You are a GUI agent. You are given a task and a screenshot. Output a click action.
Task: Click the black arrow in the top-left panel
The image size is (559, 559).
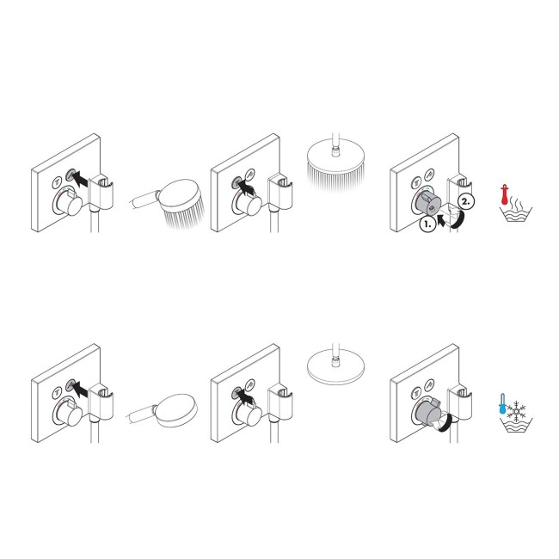(x=77, y=178)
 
